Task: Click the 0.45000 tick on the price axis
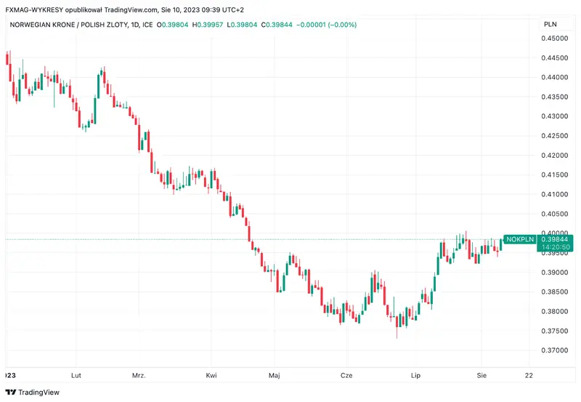[557, 38]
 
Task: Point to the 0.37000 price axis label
[557, 350]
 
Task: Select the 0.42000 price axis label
[557, 155]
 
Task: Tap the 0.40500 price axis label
[557, 214]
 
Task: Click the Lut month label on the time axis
[76, 376]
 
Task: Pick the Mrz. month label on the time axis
[139, 376]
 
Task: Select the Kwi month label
[211, 376]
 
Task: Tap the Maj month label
[274, 376]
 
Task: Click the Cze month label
[346, 376]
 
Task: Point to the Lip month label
[416, 376]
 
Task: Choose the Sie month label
[482, 376]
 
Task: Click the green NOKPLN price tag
[519, 239]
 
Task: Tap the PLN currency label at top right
[551, 25]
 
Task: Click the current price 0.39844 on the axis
[555, 239]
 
